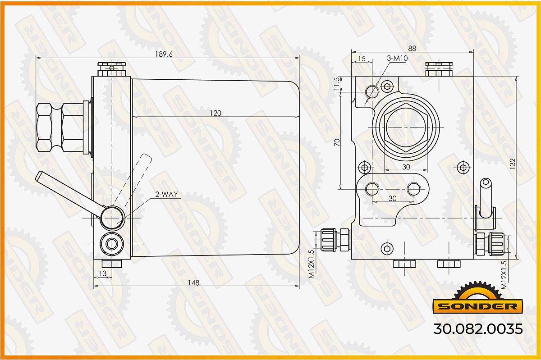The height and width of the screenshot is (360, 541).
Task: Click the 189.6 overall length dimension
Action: (x=164, y=55)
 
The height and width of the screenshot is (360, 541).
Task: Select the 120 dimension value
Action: (x=215, y=113)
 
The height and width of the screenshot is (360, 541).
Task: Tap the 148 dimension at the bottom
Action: (x=194, y=283)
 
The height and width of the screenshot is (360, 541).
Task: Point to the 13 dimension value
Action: (x=103, y=273)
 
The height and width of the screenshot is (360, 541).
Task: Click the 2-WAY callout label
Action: (x=167, y=194)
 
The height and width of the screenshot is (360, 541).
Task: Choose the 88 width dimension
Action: (x=412, y=49)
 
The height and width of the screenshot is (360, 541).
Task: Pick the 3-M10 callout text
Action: (x=397, y=58)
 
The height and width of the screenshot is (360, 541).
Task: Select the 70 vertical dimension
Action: (x=337, y=142)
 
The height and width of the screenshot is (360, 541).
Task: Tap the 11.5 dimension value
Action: (x=337, y=84)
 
